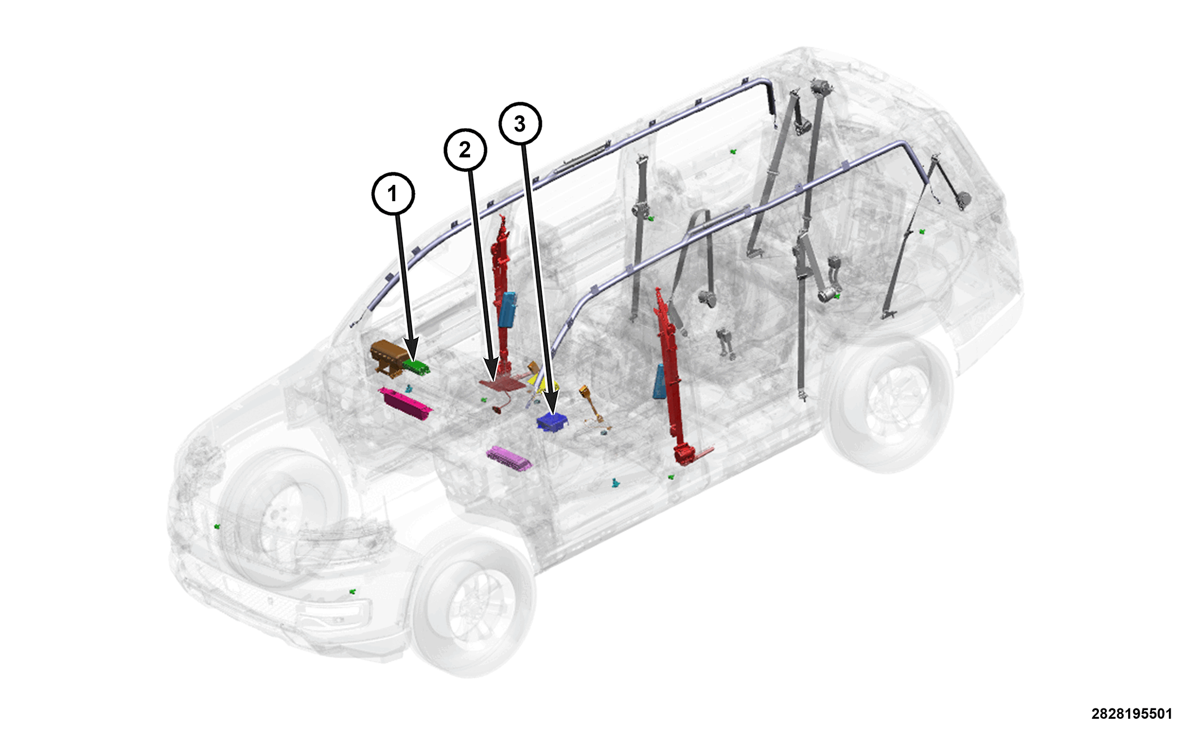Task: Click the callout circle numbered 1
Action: coord(393,193)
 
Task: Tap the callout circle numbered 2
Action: coord(465,150)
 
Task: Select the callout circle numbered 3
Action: coord(520,124)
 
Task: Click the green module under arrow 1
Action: coord(416,367)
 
